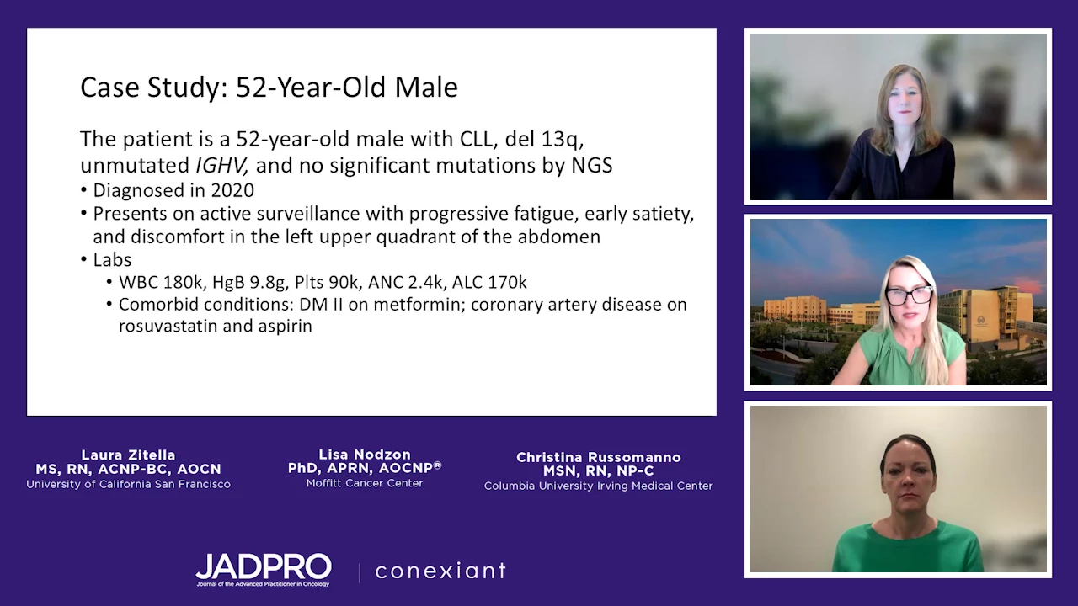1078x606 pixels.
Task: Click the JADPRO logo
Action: pos(264,570)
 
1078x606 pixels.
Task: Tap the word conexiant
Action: pos(440,571)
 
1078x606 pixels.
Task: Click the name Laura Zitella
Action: pos(129,454)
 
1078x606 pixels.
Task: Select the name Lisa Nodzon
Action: pos(365,454)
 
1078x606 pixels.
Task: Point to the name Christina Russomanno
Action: pos(599,457)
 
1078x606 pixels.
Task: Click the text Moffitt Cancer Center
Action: pos(365,483)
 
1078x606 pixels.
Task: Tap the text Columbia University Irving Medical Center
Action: pos(598,486)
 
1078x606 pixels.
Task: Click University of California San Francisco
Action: pos(129,484)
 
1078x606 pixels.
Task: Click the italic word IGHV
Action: pos(221,166)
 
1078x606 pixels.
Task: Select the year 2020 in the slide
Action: pos(232,190)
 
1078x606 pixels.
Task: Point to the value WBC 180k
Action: pos(161,282)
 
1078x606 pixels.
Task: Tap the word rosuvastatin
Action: pos(168,326)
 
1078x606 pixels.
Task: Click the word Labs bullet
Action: pos(112,260)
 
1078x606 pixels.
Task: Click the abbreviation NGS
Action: pos(592,166)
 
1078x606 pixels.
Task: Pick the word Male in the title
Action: pos(426,87)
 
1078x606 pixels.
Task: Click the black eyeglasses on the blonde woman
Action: pos(909,295)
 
